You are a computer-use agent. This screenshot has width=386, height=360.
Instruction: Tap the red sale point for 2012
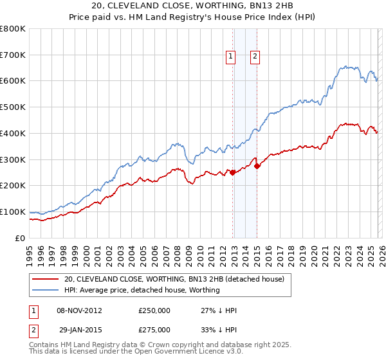point(232,172)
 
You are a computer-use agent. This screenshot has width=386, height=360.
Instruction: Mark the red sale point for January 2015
point(257,165)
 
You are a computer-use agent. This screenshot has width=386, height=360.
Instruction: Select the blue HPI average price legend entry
point(142,290)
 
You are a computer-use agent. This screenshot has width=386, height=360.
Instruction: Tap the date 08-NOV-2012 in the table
point(79,310)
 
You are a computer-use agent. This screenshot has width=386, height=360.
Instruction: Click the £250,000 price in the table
point(154,310)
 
